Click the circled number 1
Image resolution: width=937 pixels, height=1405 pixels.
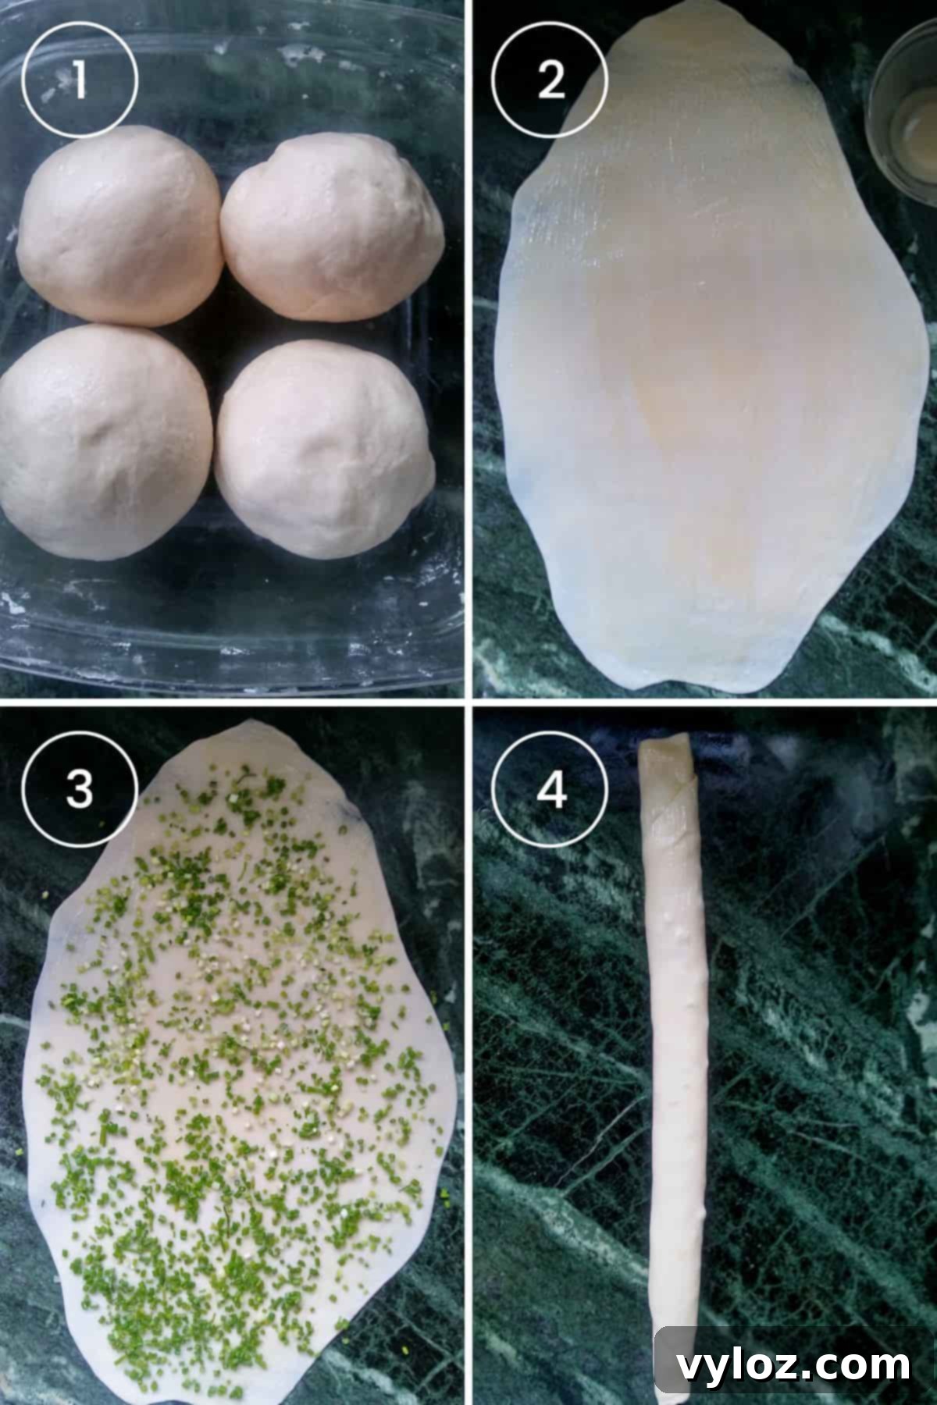click(x=80, y=80)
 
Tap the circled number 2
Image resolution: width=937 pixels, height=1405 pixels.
click(x=551, y=80)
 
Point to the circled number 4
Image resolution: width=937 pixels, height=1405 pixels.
click(x=551, y=791)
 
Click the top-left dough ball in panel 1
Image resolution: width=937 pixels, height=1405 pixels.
click(x=117, y=226)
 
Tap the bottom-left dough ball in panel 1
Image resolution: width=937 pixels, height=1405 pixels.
click(x=105, y=441)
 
